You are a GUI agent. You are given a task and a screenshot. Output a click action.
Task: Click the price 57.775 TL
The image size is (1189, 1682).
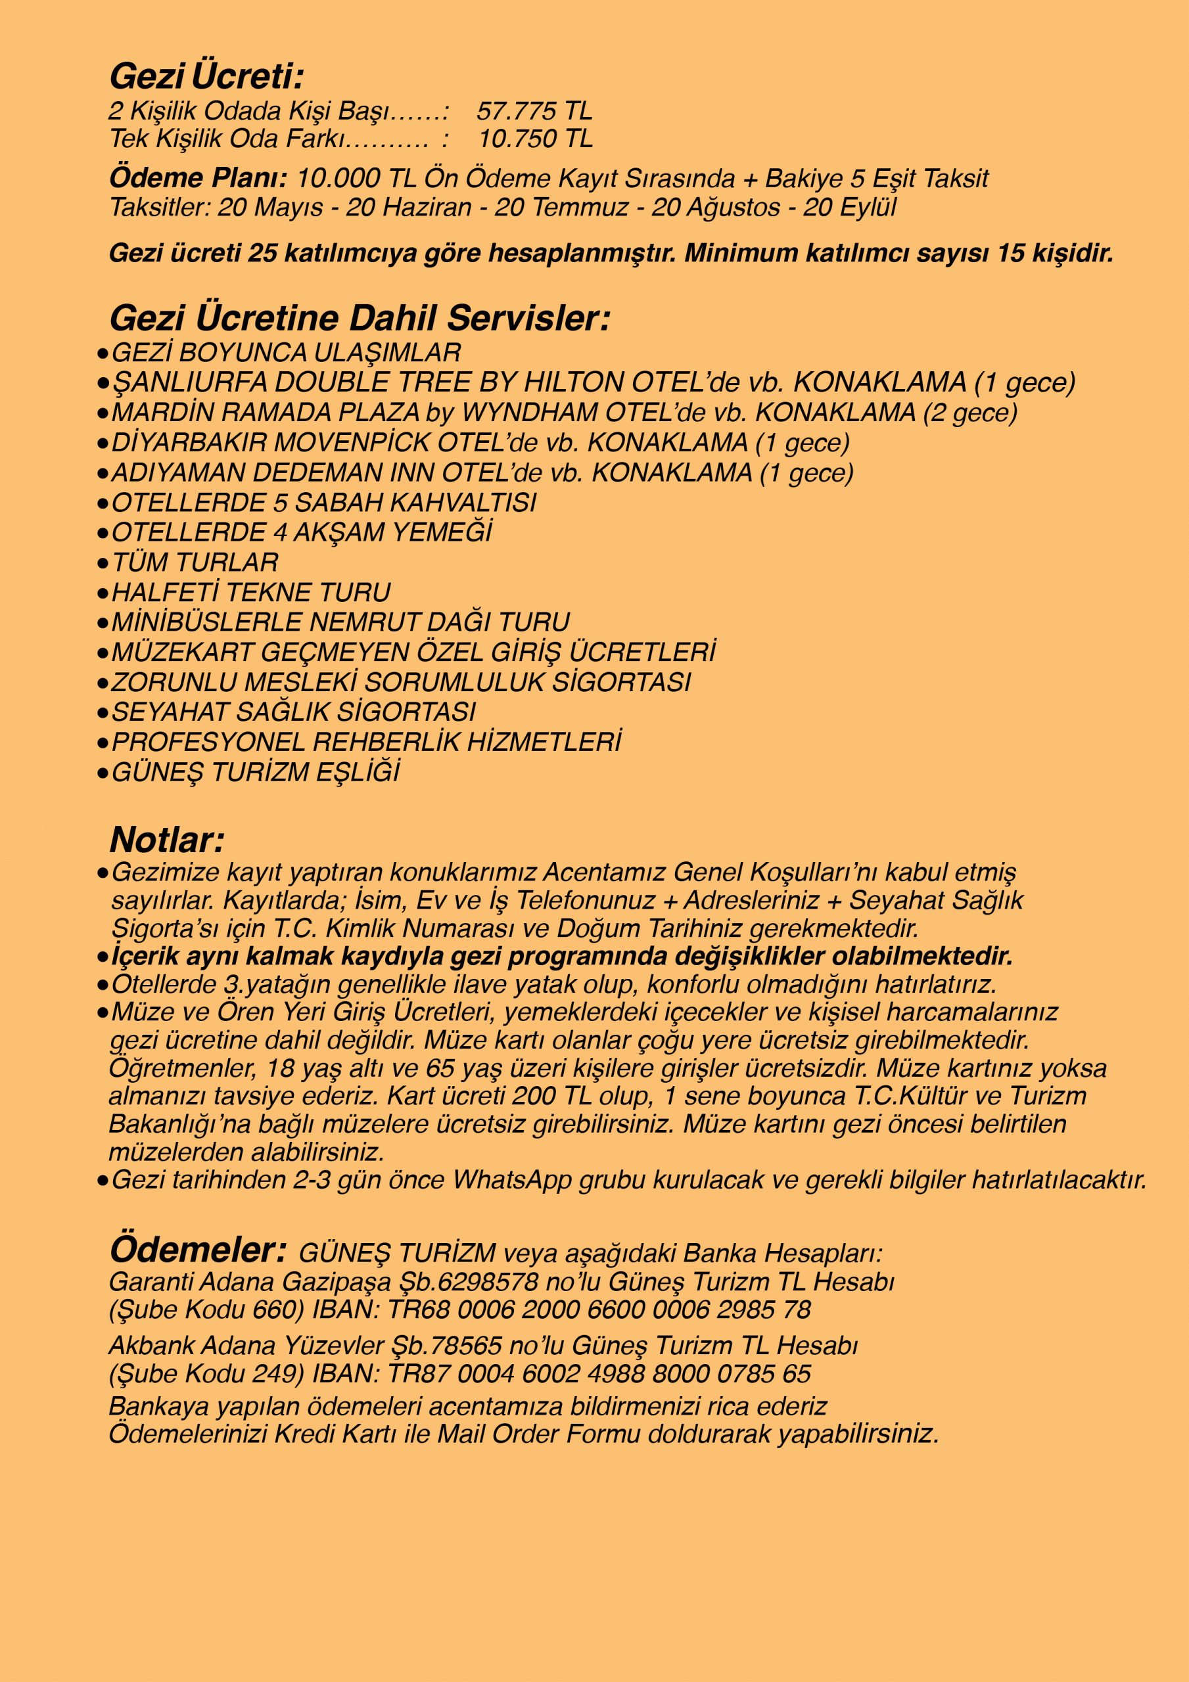tap(534, 111)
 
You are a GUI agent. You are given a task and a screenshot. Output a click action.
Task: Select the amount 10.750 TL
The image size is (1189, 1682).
tap(535, 139)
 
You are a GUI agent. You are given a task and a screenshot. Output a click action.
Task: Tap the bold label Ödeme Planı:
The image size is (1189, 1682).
tap(198, 178)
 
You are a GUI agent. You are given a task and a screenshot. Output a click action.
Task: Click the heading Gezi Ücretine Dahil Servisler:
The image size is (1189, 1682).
tap(359, 319)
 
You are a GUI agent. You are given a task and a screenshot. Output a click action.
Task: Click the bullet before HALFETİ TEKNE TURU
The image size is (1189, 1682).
tap(103, 592)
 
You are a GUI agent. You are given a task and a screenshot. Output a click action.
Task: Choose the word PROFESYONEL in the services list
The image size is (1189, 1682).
tap(208, 742)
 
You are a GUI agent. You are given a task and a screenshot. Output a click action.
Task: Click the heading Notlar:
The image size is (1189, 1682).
tap(166, 840)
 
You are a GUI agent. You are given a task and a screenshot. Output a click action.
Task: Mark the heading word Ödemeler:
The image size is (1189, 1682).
tap(197, 1250)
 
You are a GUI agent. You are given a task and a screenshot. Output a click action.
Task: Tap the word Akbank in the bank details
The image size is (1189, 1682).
tap(151, 1346)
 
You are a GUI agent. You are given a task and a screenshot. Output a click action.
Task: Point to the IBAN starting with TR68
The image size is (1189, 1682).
tap(598, 1310)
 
